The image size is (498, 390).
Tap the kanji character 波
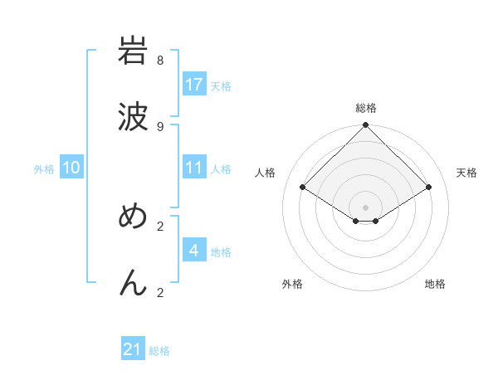(x=133, y=117)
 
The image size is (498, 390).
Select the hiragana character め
(x=133, y=217)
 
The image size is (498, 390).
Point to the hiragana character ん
(x=133, y=283)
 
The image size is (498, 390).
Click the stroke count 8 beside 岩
(x=160, y=61)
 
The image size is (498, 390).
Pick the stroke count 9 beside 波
(x=160, y=126)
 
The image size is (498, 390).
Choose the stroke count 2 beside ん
(x=160, y=292)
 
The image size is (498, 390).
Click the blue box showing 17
(x=194, y=85)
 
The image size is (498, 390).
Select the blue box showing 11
(x=194, y=168)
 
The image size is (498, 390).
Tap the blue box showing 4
(x=194, y=251)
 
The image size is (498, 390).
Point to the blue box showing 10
(x=71, y=168)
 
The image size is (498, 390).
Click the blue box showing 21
(x=133, y=349)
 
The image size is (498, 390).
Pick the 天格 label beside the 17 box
(x=221, y=86)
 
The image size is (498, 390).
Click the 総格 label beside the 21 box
(x=159, y=351)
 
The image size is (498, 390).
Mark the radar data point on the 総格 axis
(x=365, y=125)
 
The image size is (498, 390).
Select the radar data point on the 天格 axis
(x=429, y=188)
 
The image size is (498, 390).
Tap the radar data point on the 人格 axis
(x=302, y=188)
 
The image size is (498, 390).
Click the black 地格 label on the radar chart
(x=435, y=285)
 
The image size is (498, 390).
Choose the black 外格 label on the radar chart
(x=292, y=285)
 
